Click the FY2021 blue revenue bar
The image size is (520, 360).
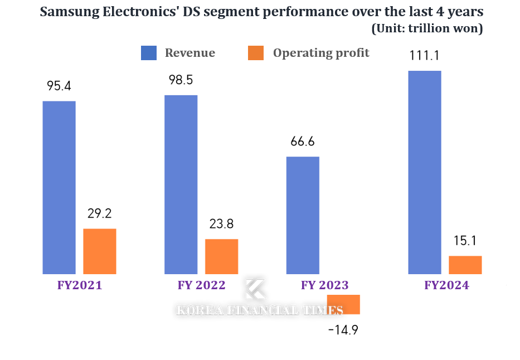59,187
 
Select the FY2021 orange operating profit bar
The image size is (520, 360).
100,251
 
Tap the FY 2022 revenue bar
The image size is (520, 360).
181,184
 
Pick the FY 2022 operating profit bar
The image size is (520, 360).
221,256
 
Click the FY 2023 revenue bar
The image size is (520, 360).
303,215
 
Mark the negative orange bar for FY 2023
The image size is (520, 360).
343,304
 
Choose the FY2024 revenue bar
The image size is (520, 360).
425,172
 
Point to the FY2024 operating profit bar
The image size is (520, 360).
465,265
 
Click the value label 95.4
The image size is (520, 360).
59,86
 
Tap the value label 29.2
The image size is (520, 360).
100,213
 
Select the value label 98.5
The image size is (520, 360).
181,80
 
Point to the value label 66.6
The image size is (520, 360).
303,142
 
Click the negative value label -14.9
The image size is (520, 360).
343,330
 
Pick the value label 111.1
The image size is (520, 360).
425,55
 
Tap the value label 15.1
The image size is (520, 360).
465,241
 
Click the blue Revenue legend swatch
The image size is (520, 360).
149,53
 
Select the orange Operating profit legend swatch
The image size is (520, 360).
255,53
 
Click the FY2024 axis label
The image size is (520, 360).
446,285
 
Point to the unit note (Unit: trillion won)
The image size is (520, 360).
427,28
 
